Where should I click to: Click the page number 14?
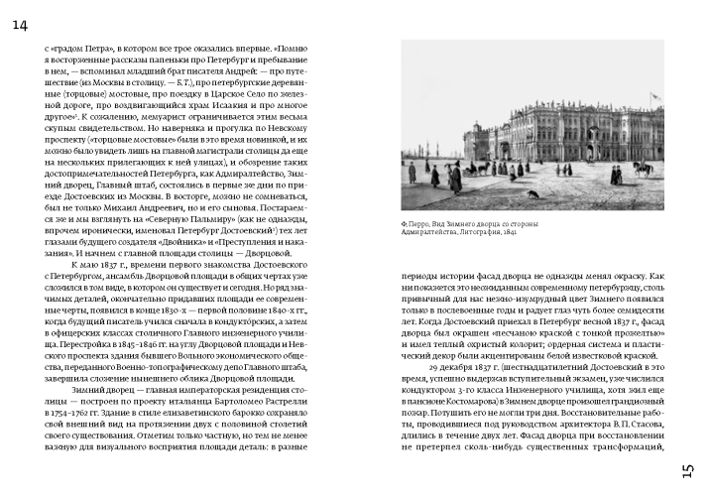(20, 25)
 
